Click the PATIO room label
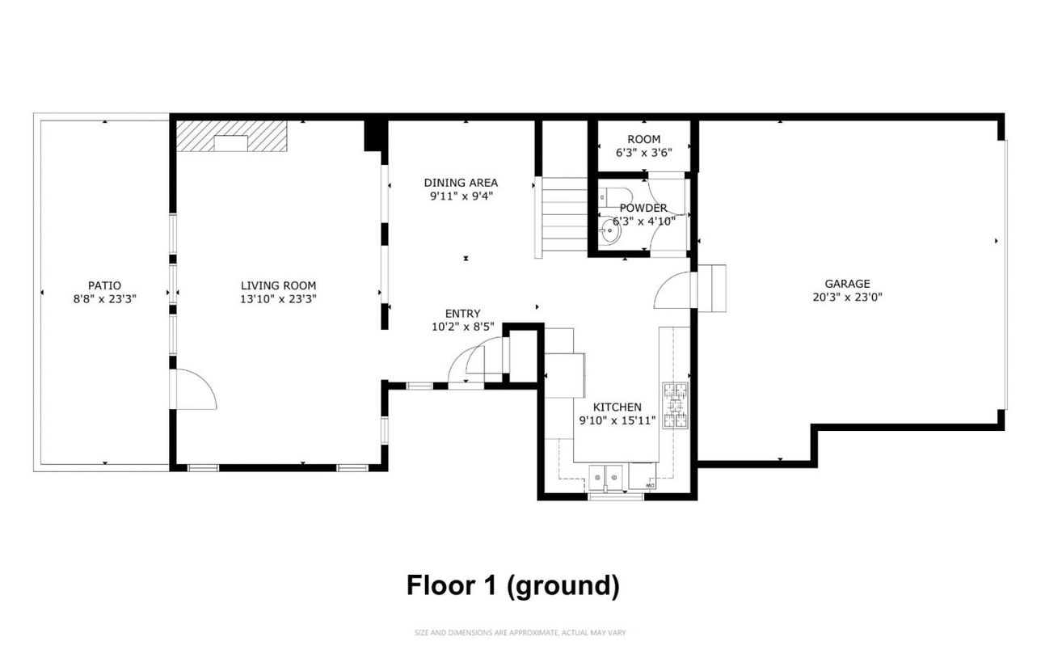coord(104,285)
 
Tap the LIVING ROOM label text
coord(278,285)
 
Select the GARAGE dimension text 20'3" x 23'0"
coord(847,297)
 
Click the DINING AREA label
coord(461,183)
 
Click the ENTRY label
coord(462,314)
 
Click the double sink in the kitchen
coord(606,476)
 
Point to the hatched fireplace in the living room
coord(232,136)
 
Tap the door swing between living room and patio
coord(194,390)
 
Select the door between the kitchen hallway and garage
coord(672,290)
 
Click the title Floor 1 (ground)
coord(512,585)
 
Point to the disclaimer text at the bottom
coord(520,632)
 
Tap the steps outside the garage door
coord(712,287)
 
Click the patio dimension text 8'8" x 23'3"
coord(104,298)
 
